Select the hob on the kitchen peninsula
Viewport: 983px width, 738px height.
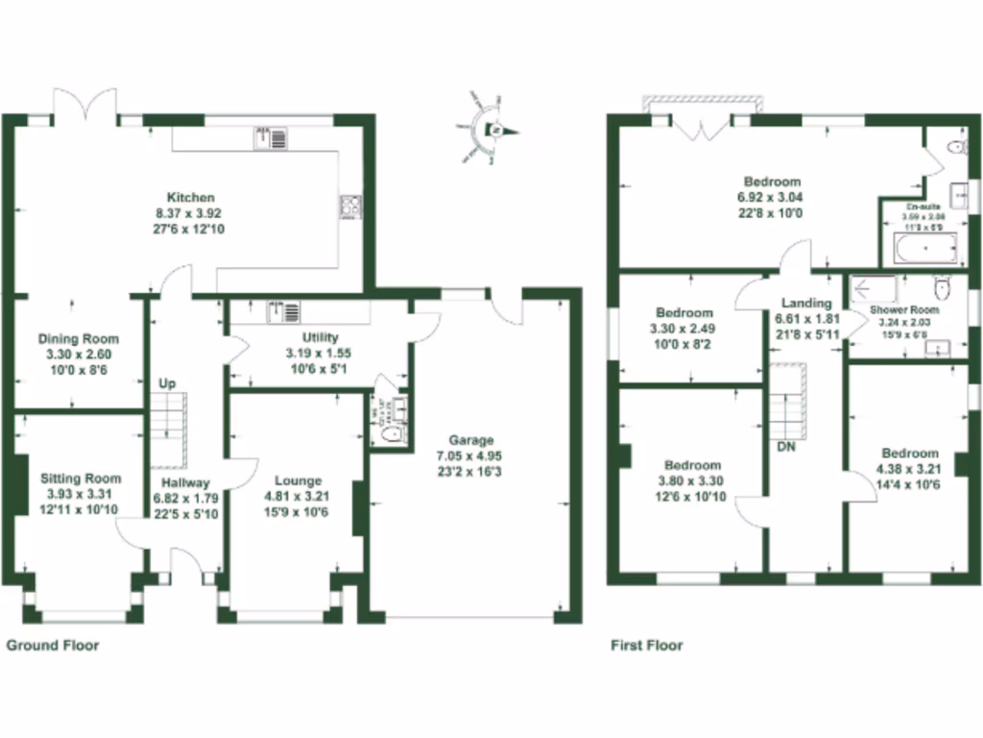point(350,207)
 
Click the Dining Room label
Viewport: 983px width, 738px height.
point(79,338)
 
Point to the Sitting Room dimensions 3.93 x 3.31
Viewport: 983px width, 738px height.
point(81,494)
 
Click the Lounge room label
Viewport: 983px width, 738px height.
point(299,480)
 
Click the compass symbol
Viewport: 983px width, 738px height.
point(491,130)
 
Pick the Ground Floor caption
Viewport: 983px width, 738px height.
point(53,645)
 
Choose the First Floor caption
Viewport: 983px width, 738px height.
point(647,645)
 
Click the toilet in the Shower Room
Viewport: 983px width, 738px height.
point(941,286)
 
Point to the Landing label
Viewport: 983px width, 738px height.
point(806,304)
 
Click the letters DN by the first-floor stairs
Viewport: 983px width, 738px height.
point(785,448)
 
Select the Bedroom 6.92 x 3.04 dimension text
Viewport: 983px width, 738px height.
point(773,197)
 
